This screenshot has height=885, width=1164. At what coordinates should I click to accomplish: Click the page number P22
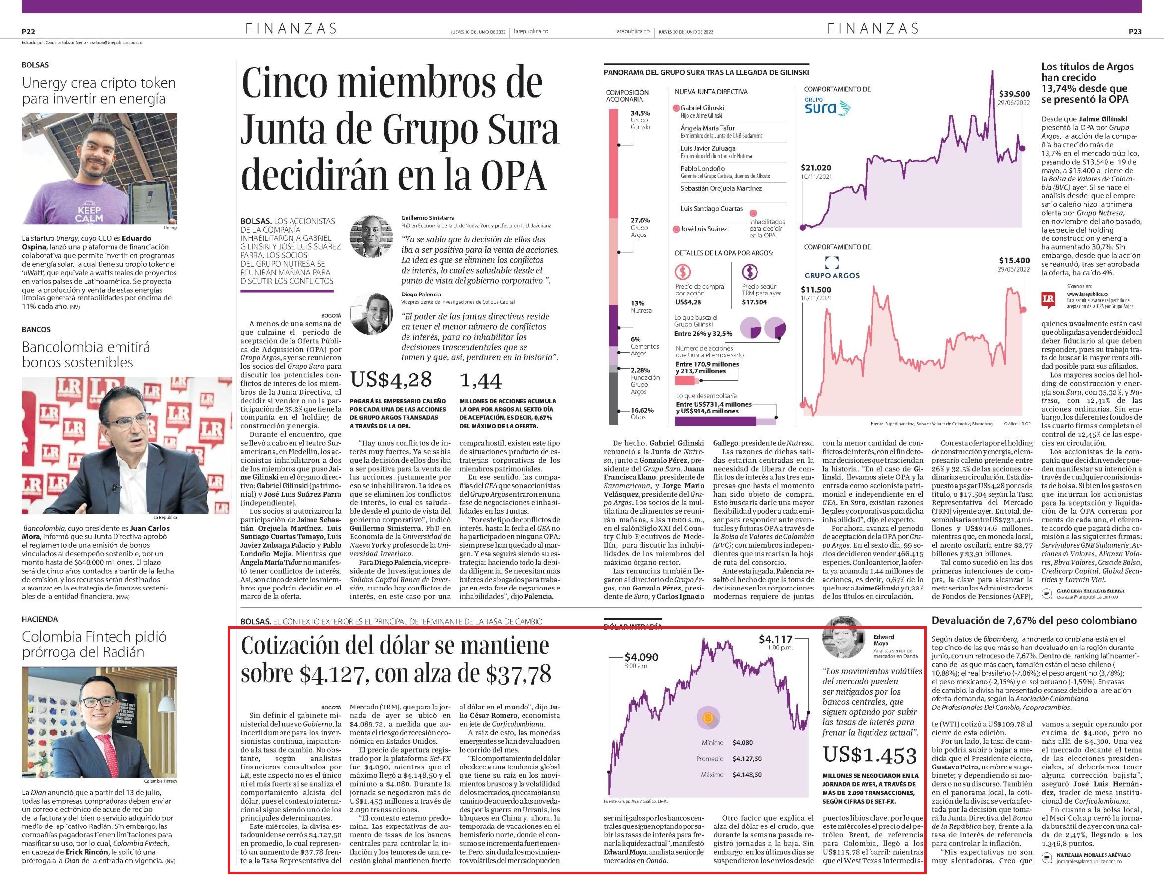[x=28, y=32]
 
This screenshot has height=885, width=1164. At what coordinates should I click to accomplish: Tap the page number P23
[x=1135, y=32]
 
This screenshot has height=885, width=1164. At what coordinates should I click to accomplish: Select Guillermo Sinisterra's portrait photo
[x=372, y=236]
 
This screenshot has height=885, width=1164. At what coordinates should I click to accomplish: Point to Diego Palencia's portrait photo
[x=372, y=313]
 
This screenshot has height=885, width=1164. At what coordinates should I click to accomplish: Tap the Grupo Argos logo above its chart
[x=832, y=268]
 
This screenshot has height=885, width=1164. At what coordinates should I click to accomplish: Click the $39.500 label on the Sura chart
[x=1014, y=94]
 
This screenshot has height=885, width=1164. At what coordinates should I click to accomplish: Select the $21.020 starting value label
[x=816, y=168]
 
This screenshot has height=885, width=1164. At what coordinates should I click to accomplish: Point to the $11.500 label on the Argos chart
[x=816, y=289]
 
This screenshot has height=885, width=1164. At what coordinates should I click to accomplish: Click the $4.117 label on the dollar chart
[x=775, y=639]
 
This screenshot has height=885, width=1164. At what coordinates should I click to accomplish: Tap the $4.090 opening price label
[x=641, y=657]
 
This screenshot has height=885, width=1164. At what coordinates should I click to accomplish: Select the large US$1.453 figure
[x=870, y=755]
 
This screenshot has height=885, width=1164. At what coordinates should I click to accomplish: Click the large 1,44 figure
[x=480, y=380]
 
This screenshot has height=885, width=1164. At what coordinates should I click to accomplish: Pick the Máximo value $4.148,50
[x=747, y=775]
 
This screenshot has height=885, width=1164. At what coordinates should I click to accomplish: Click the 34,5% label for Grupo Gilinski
[x=640, y=113]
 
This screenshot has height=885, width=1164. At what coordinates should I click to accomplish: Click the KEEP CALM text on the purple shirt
[x=89, y=214]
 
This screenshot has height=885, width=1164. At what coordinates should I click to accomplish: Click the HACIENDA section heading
[x=40, y=619]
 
